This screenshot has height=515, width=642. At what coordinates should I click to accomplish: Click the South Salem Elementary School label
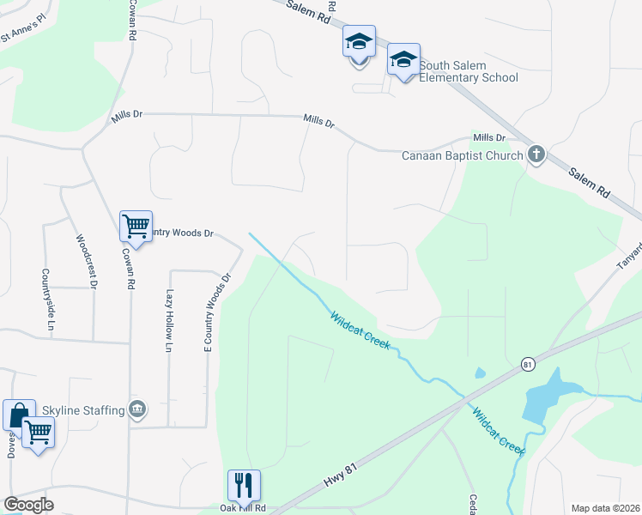469,72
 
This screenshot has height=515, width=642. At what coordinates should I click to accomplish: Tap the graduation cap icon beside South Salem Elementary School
403,60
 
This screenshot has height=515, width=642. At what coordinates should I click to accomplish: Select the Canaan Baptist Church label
463,155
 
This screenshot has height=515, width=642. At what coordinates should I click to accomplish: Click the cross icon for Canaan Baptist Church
536,155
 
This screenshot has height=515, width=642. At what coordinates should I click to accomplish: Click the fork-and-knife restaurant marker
245,486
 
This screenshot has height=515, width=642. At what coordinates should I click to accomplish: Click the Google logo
27,505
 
